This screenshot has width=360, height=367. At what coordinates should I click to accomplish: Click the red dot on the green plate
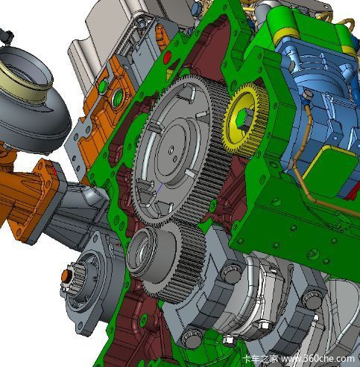(x=167, y=57)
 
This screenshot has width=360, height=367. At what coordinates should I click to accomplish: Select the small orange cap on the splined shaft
(x=66, y=275)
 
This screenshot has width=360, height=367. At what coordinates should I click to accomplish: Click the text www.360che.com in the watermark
(x=318, y=359)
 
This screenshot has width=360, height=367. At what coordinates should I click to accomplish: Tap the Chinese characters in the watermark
(x=260, y=359)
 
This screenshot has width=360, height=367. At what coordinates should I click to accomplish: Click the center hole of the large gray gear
(x=171, y=150)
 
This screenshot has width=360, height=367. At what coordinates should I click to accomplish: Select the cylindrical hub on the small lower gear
(x=151, y=254)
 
